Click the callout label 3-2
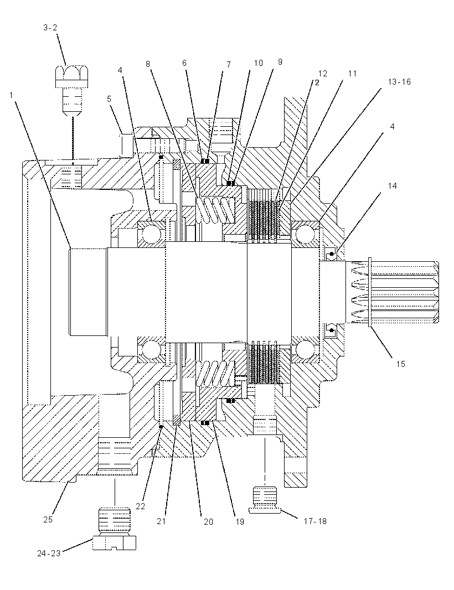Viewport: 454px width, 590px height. [x=50, y=28]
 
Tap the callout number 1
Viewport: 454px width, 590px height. [x=12, y=95]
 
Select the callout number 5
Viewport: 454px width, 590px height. [x=109, y=99]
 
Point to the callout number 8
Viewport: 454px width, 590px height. [x=148, y=64]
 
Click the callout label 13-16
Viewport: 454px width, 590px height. [x=399, y=82]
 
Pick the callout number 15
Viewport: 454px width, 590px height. [x=400, y=364]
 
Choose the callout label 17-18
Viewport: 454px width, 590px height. [x=315, y=521]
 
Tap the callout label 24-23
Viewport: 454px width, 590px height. [x=49, y=553]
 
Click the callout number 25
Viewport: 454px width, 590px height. [x=48, y=520]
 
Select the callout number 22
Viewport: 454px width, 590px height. [x=141, y=506]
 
